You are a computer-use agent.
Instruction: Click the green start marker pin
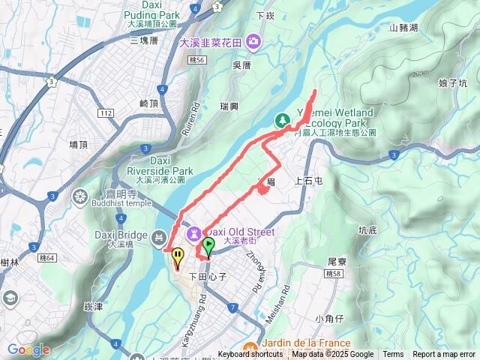[x=208, y=245]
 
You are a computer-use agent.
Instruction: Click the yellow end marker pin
[x=178, y=257]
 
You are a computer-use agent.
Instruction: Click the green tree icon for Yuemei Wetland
[x=283, y=119]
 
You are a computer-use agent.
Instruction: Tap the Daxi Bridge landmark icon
[x=157, y=238]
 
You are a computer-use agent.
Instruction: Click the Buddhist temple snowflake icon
[x=79, y=197]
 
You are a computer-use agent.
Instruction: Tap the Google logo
[x=28, y=349]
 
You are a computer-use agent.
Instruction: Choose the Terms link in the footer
[x=393, y=355]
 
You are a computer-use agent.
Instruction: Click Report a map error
[x=445, y=355]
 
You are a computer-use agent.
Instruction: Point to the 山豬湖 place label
[x=405, y=28]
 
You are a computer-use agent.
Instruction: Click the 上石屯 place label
[x=309, y=181]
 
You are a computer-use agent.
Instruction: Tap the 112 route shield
[x=106, y=112]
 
